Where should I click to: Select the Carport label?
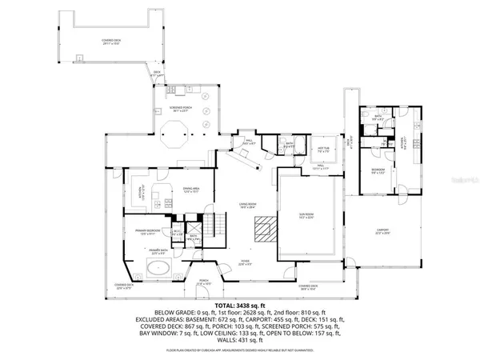click(x=382, y=231)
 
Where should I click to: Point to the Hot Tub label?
click(x=325, y=149)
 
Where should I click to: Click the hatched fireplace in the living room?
click(x=262, y=232)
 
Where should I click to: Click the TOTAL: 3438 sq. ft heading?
click(x=240, y=307)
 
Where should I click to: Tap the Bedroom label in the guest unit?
click(x=378, y=170)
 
